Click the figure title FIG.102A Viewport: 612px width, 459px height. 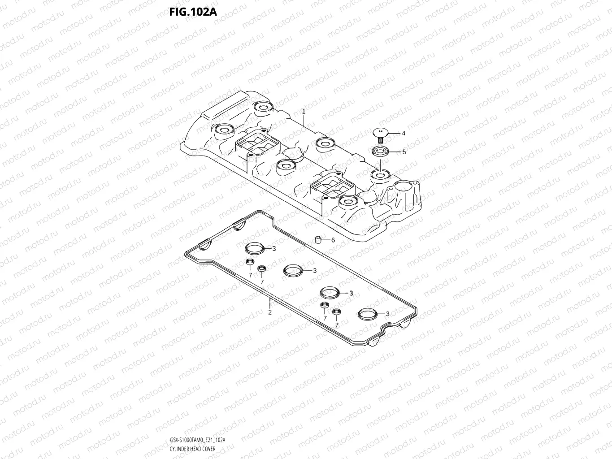click(193, 12)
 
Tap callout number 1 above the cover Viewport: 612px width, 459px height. click(304, 111)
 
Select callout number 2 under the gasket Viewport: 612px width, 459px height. click(270, 312)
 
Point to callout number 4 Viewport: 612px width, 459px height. click(404, 133)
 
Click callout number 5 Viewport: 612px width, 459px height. click(404, 152)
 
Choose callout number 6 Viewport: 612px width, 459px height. click(333, 240)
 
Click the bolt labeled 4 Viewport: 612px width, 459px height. click(379, 132)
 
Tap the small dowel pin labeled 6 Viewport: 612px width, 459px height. click(317, 239)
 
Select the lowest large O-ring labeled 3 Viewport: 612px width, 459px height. click(368, 314)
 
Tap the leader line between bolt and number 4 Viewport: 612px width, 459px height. click(393, 133)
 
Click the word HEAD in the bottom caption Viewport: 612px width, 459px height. click(195, 449)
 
